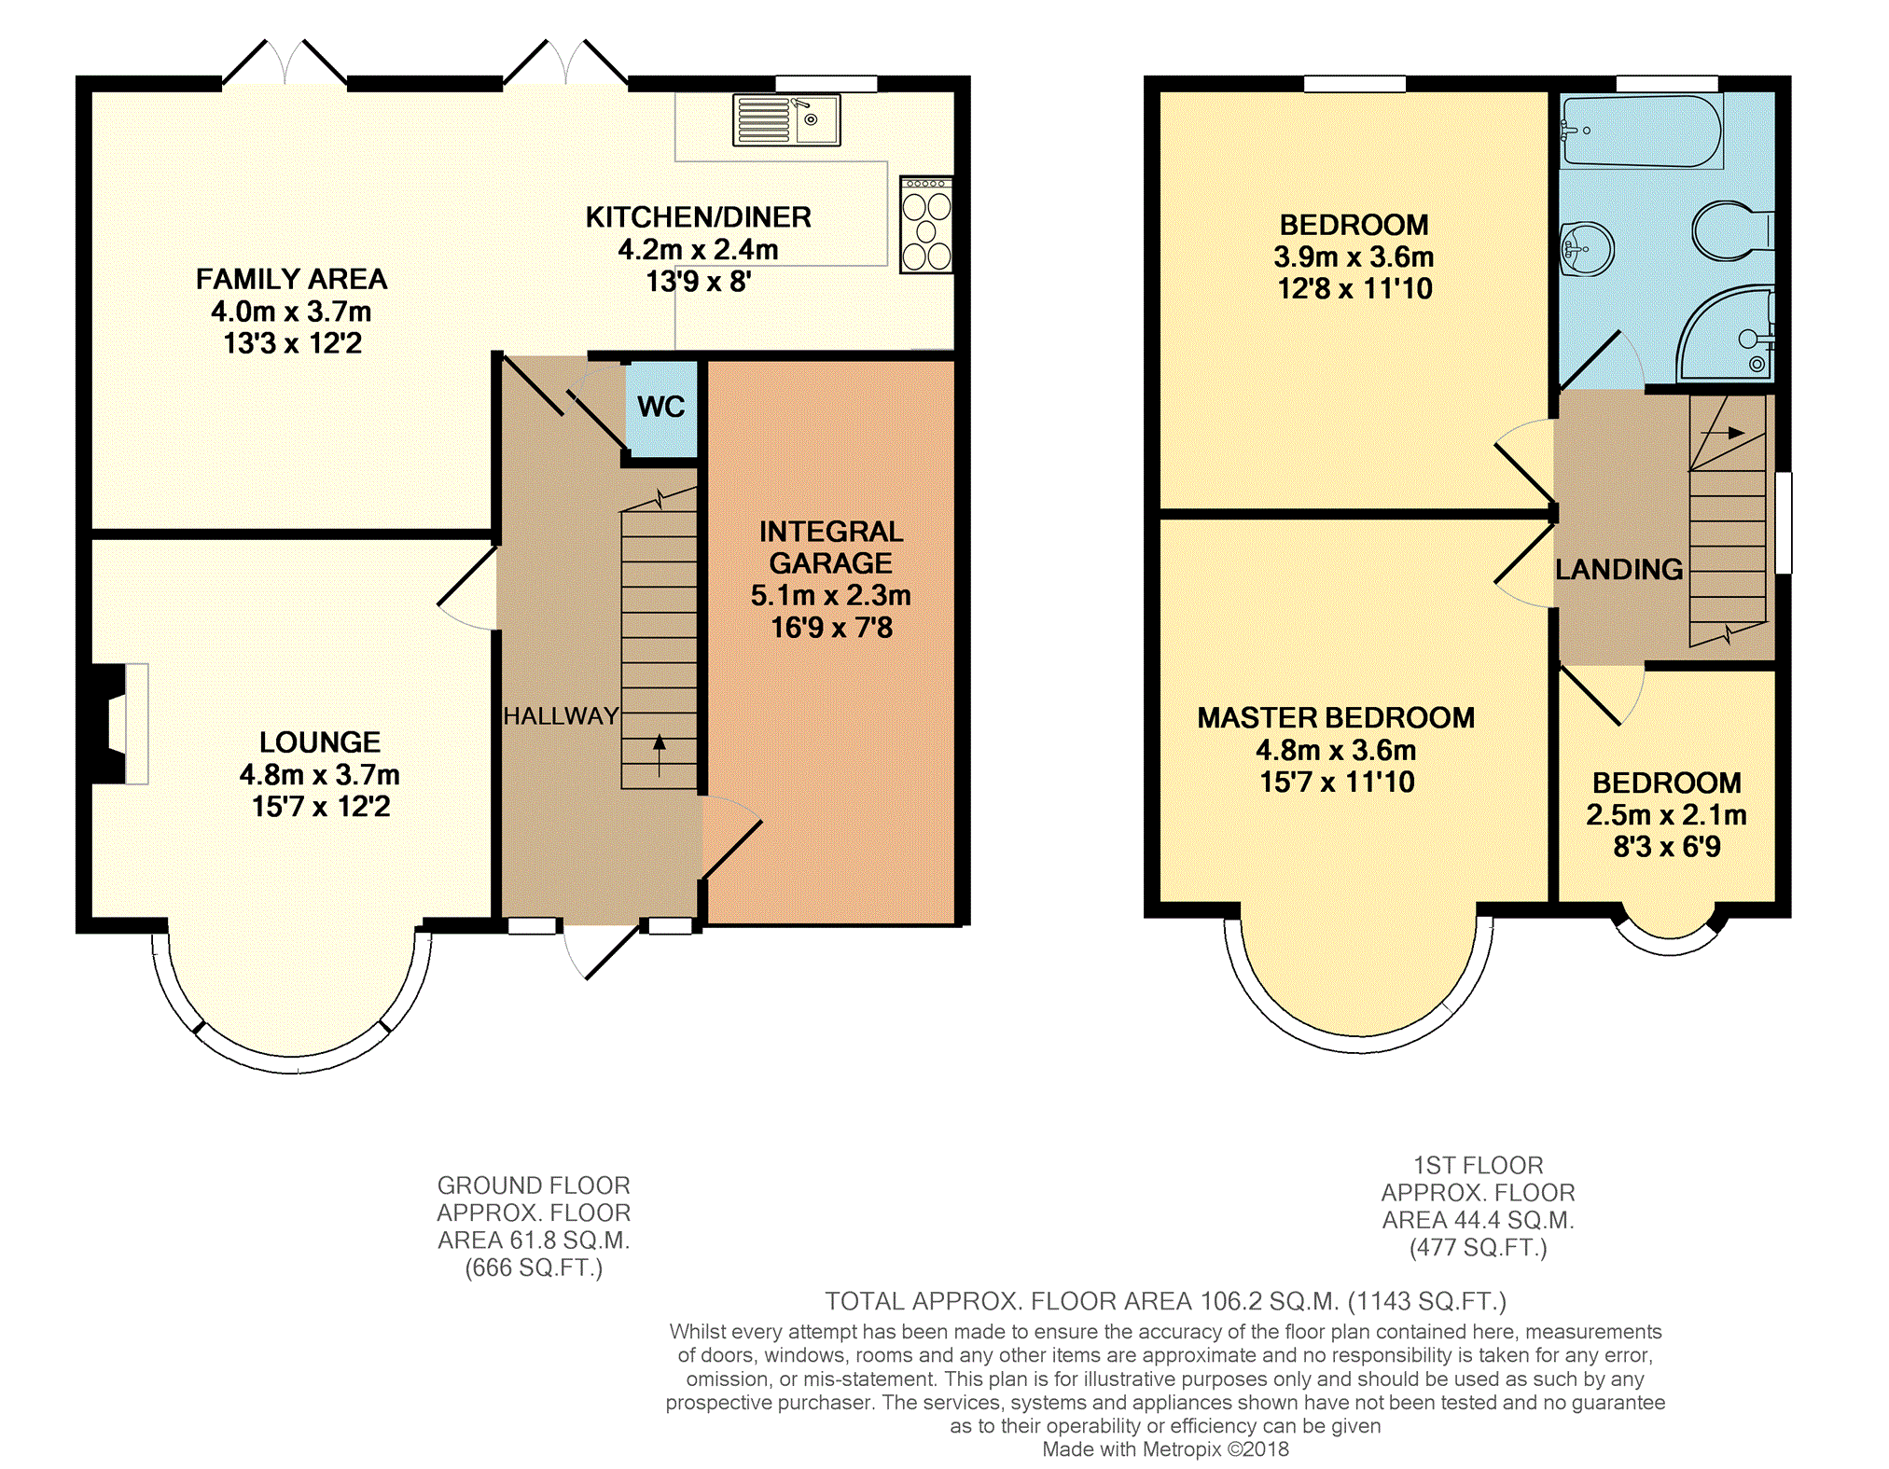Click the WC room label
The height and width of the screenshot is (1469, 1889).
pos(661,407)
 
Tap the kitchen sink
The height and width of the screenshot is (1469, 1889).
pos(786,119)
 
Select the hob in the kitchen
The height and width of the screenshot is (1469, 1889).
pos(926,225)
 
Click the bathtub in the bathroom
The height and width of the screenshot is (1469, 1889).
pos(1642,131)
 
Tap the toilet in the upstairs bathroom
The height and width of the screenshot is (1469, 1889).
pos(1732,230)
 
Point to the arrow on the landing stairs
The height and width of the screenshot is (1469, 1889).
pos(1722,433)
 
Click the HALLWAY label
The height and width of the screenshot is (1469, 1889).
pos(561,716)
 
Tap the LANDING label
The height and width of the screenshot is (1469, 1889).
pos(1619,569)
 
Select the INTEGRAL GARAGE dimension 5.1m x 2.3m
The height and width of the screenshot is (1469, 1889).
pos(831,595)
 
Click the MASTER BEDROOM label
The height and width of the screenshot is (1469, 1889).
pos(1336,717)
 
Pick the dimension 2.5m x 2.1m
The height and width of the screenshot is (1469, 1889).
pos(1667,815)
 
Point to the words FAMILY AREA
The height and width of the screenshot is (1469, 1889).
pos(292,279)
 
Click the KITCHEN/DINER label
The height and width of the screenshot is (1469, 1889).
pos(699,217)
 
